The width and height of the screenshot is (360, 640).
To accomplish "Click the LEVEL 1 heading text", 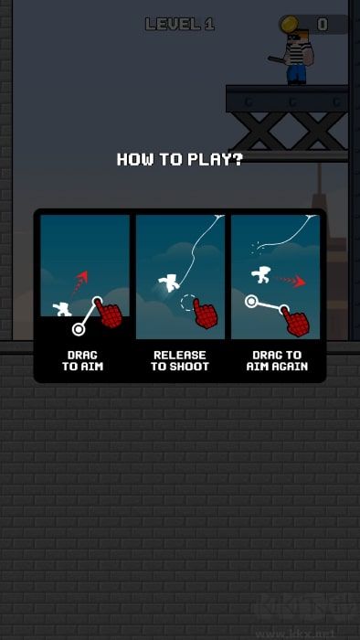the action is point(180,25).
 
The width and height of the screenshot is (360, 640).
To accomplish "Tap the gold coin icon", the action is point(290,24).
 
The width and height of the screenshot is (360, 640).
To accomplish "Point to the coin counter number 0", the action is point(323,25).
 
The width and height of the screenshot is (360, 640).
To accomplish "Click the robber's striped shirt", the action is point(298,55).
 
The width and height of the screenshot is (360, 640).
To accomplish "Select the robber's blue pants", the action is point(296,74).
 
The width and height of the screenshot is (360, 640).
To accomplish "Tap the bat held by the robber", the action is point(278,60).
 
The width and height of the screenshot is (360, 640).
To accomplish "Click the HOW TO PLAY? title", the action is point(180,159).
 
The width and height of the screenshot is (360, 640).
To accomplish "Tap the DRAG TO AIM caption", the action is point(83,361).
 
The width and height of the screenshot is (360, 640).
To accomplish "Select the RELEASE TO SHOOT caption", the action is point(180,361).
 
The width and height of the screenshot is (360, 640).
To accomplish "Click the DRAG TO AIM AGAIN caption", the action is point(277,361).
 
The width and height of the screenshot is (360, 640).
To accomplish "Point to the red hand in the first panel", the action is point(109,314).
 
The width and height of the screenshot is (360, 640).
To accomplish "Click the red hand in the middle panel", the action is point(205,314).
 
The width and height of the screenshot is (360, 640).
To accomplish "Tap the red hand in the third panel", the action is point(295,321).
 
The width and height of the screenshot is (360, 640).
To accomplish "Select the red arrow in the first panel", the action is point(79,283).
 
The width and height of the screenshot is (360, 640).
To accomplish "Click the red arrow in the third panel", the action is point(291,281).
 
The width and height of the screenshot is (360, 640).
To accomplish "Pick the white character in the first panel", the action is point(62,309).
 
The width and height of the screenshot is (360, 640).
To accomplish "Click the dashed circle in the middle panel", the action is point(188,303).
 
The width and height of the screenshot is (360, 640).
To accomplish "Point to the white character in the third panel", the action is point(262,275).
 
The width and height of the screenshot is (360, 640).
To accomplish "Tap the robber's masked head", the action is point(300,37).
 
